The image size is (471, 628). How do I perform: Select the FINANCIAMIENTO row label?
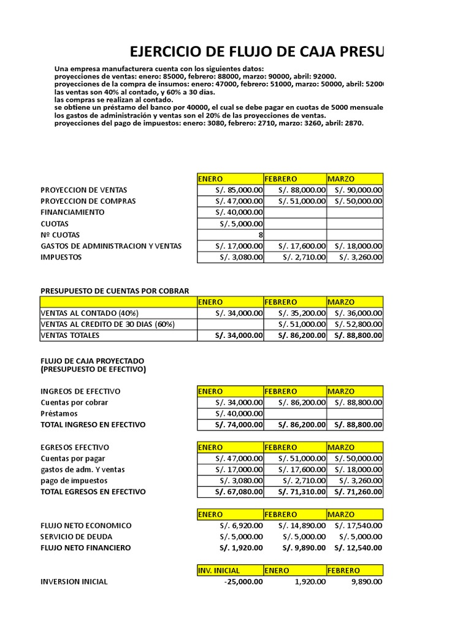(72, 212)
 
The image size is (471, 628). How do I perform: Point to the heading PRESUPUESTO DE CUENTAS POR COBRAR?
(115, 291)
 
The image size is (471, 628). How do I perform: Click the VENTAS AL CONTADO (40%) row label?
(90, 313)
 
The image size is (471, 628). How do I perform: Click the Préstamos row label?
(59, 413)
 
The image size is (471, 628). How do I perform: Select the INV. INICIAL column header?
(219, 570)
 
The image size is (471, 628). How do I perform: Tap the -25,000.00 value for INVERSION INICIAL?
(242, 581)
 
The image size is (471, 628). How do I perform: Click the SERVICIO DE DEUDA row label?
(77, 537)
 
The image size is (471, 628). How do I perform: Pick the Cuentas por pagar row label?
(73, 458)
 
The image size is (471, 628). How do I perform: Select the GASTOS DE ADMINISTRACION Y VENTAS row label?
(111, 246)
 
